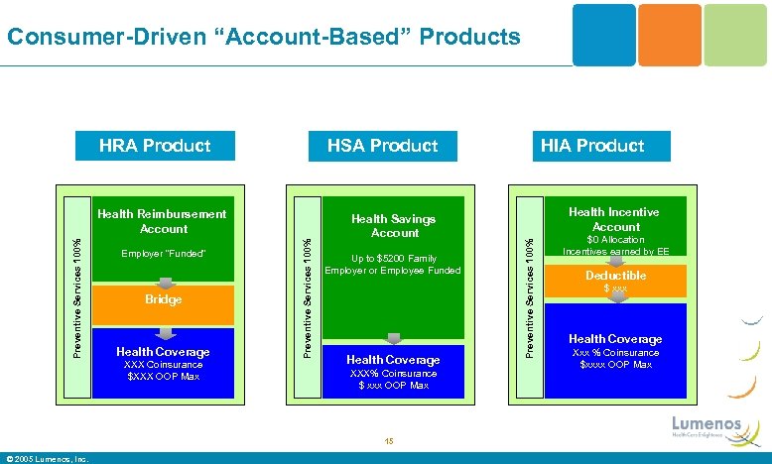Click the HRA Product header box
pyautogui.click(x=155, y=146)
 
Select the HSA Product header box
pyautogui.click(x=382, y=146)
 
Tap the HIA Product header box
pyautogui.click(x=592, y=146)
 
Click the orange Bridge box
pyautogui.click(x=164, y=299)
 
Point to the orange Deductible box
pyautogui.click(x=615, y=281)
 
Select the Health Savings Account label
pyautogui.click(x=394, y=226)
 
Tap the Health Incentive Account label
pyautogui.click(x=615, y=219)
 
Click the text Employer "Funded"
pyautogui.click(x=164, y=255)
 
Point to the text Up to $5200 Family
pyautogui.click(x=394, y=259)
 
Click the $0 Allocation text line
pyautogui.click(x=615, y=240)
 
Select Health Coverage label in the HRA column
pyautogui.click(x=164, y=352)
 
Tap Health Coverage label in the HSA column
pyautogui.click(x=393, y=360)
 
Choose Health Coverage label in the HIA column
pyautogui.click(x=615, y=339)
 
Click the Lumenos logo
pyautogui.click(x=707, y=424)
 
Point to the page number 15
pyautogui.click(x=388, y=441)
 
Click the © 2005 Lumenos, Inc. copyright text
pyautogui.click(x=47, y=458)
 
